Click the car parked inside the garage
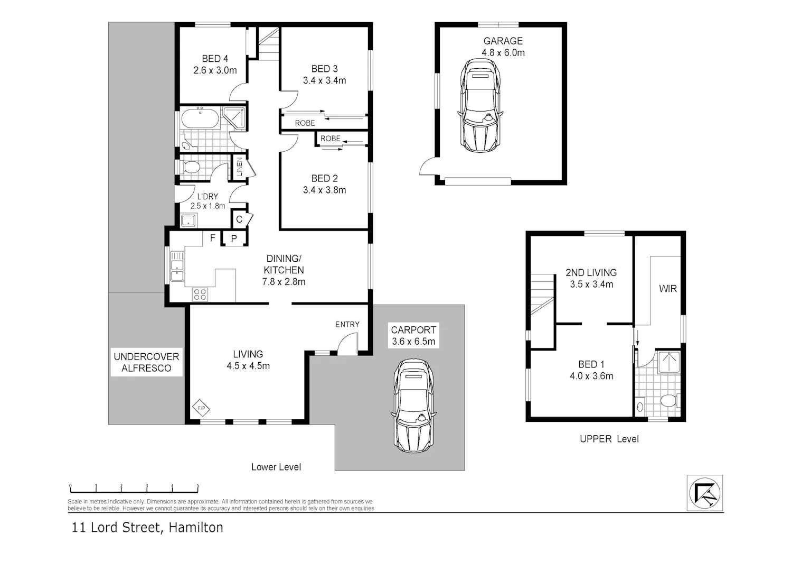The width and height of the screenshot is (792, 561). pyautogui.click(x=480, y=106)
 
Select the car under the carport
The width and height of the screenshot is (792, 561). pyautogui.click(x=413, y=406)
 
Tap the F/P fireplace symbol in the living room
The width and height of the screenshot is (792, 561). pyautogui.click(x=201, y=408)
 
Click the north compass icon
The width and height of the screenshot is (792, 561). pyautogui.click(x=705, y=493)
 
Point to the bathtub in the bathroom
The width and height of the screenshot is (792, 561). pyautogui.click(x=200, y=118)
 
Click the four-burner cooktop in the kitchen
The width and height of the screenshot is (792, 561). pyautogui.click(x=200, y=295)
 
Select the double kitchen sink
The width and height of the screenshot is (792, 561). pyautogui.click(x=177, y=266)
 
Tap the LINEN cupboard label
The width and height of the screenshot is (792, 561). pyautogui.click(x=239, y=167)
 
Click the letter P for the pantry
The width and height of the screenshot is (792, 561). pyautogui.click(x=234, y=238)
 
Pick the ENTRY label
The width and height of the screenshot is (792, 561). pyautogui.click(x=347, y=324)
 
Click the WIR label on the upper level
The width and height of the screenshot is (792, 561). pyautogui.click(x=668, y=289)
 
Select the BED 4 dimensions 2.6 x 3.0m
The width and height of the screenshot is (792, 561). pyautogui.click(x=215, y=70)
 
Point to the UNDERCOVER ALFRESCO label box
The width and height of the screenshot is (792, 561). pyautogui.click(x=146, y=362)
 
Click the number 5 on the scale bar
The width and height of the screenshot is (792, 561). pyautogui.click(x=197, y=485)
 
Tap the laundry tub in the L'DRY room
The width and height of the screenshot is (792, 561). pyautogui.click(x=188, y=220)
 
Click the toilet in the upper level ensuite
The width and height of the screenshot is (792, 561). pyautogui.click(x=668, y=401)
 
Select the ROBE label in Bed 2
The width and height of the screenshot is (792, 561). pyautogui.click(x=330, y=139)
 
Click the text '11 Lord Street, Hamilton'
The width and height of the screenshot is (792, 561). pyautogui.click(x=147, y=527)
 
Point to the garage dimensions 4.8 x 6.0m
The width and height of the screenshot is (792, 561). pyautogui.click(x=503, y=53)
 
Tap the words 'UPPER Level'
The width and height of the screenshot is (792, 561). pyautogui.click(x=609, y=439)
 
